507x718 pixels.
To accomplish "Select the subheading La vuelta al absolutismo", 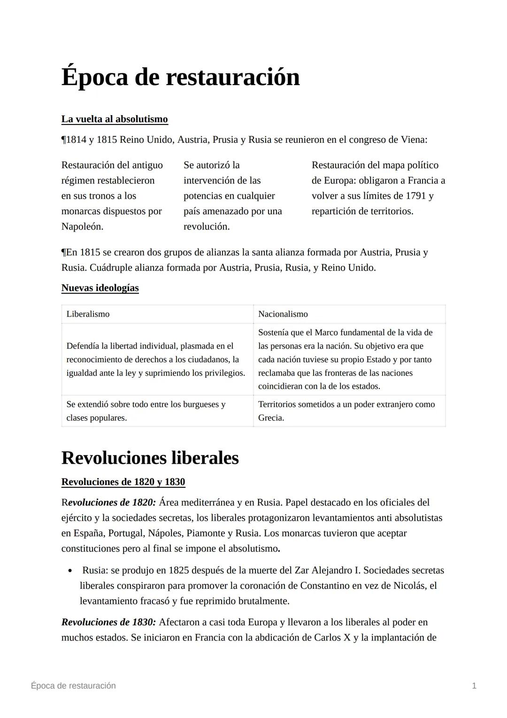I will pyautogui.click(x=115, y=119).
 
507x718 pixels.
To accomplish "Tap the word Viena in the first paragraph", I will pyautogui.click(x=413, y=140).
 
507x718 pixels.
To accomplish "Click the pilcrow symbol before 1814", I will pyautogui.click(x=63, y=140).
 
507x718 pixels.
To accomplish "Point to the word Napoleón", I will pyautogui.click(x=82, y=226).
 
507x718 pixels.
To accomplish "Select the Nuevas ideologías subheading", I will pyautogui.click(x=100, y=288).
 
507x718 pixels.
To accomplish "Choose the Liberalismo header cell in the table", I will pyautogui.click(x=88, y=314).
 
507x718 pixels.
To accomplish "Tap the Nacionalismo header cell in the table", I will pyautogui.click(x=283, y=314).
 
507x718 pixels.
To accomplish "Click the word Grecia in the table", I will pyautogui.click(x=271, y=418).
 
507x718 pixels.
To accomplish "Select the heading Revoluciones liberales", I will pyautogui.click(x=150, y=458).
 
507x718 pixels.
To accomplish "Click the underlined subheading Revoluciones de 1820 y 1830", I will pyautogui.click(x=123, y=482).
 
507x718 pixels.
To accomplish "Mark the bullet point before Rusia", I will pyautogui.click(x=70, y=571).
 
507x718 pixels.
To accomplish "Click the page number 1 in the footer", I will pyautogui.click(x=474, y=686).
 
